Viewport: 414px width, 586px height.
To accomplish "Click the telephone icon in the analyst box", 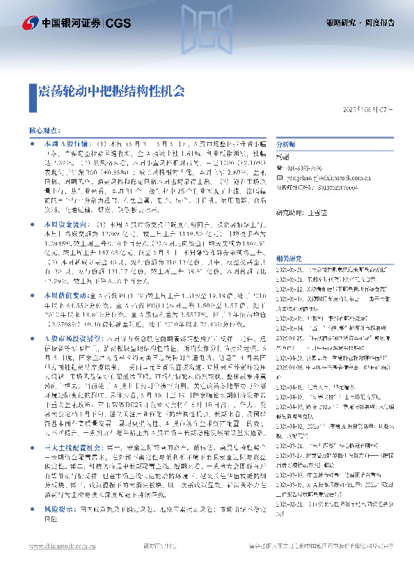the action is [x=280, y=167].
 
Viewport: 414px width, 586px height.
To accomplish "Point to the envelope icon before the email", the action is [x=280, y=177].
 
